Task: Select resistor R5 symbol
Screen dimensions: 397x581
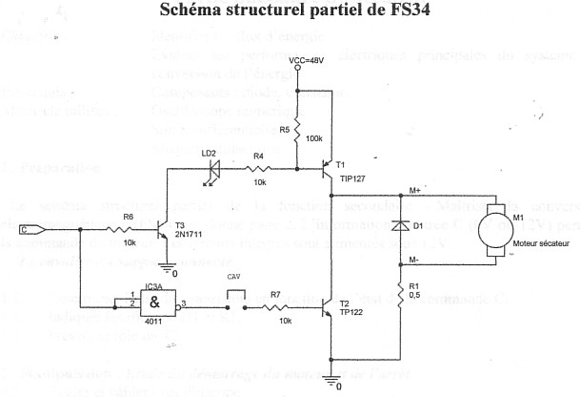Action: tap(297, 130)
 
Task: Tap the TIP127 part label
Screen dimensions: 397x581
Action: tap(351, 178)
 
